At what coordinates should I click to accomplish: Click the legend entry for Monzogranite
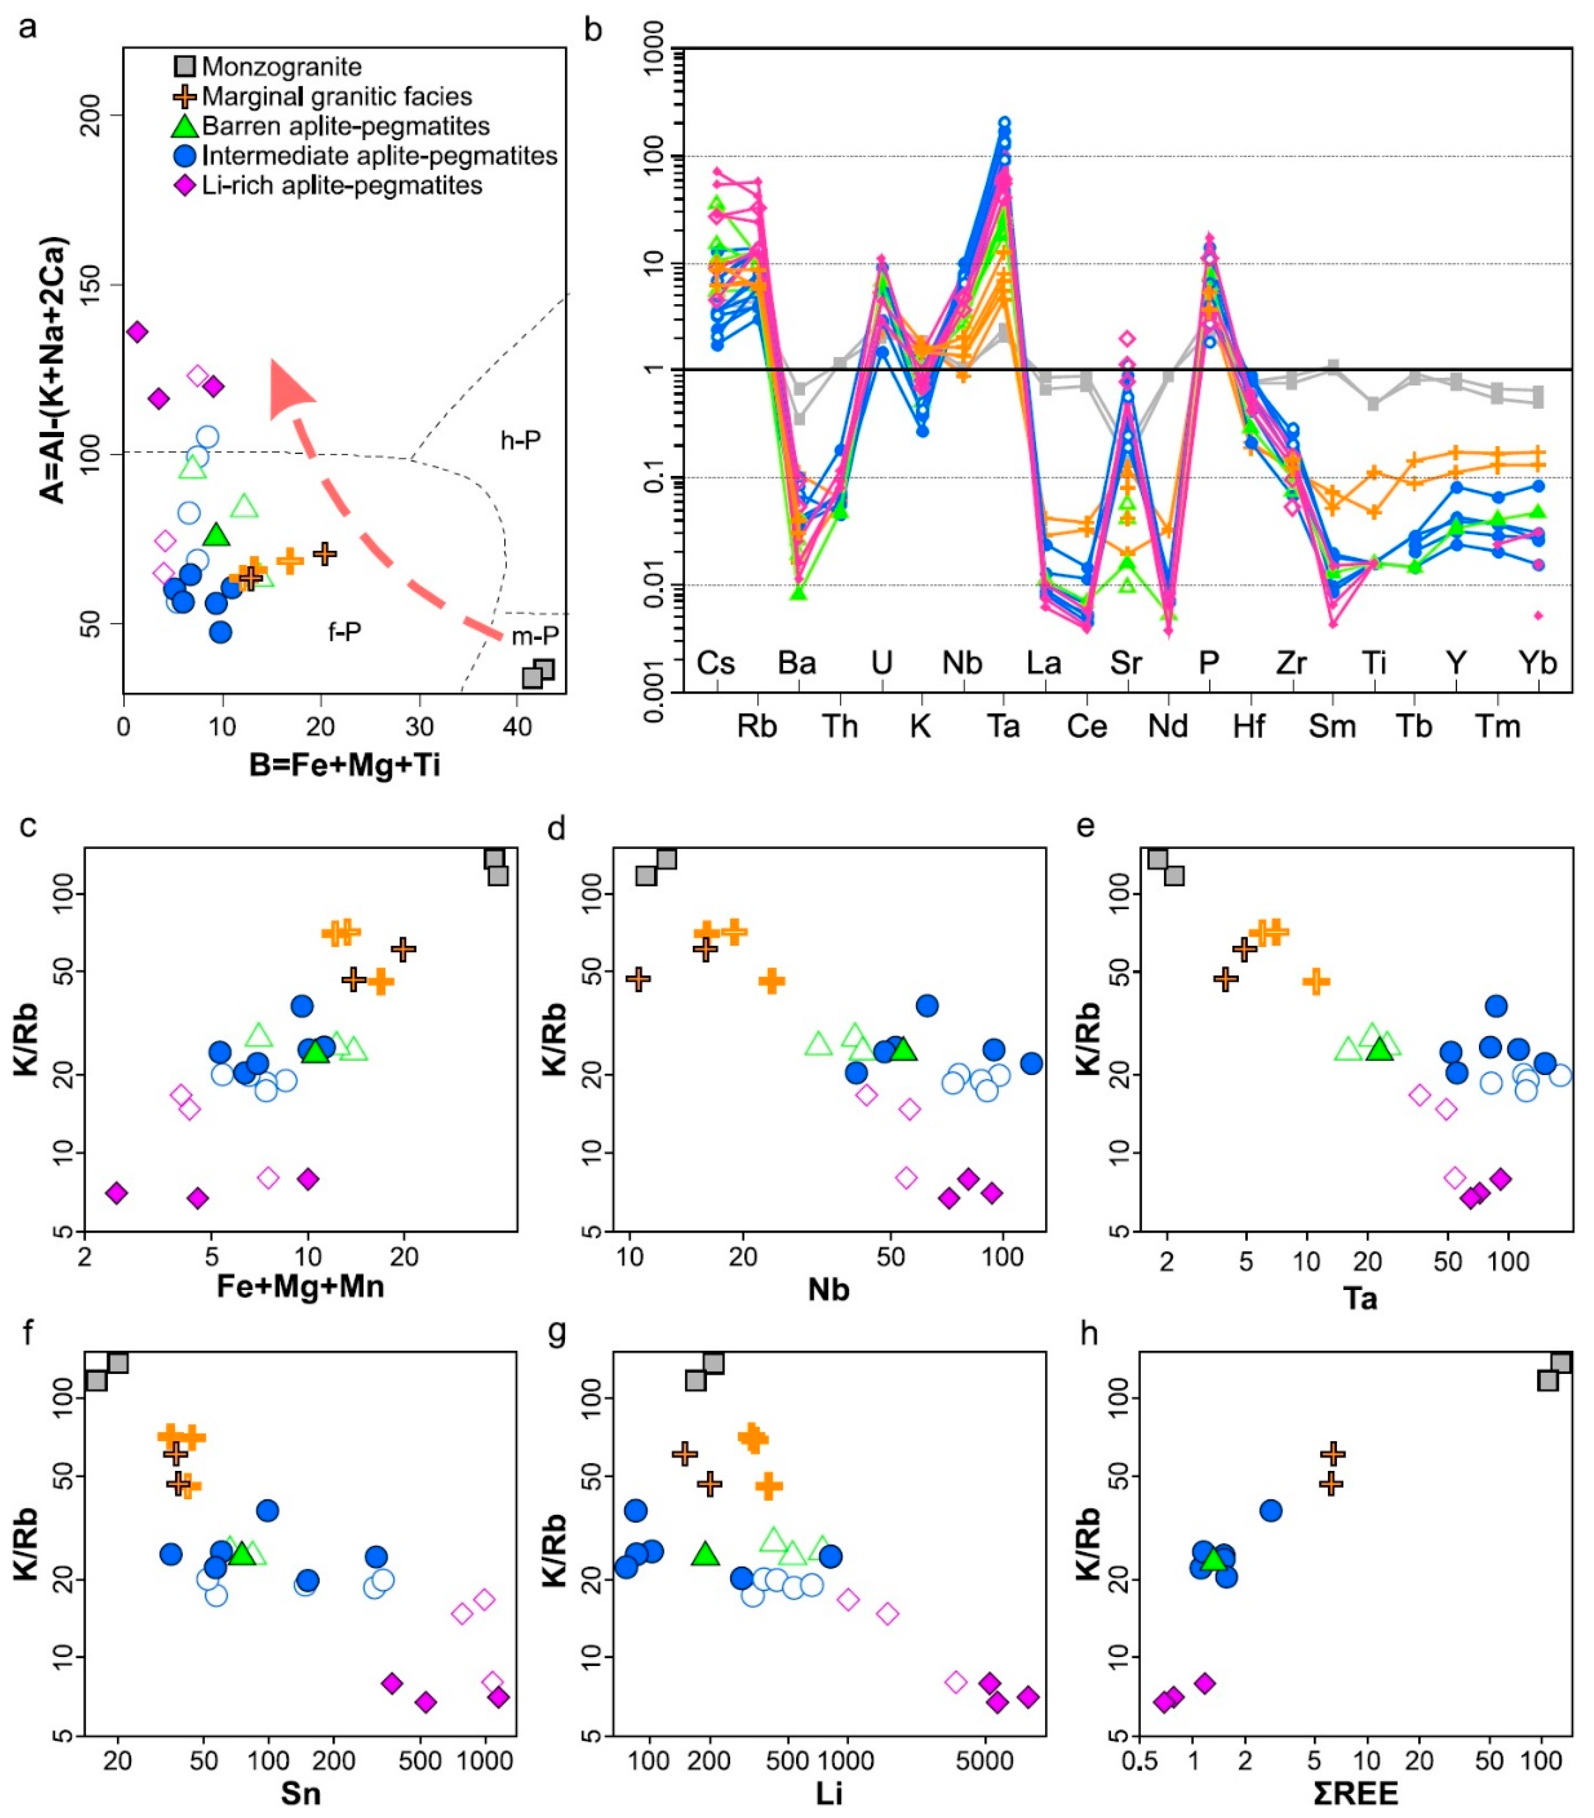tap(281, 67)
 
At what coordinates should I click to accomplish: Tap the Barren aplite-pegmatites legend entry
tap(345, 126)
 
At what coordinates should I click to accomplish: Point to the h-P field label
tap(520, 440)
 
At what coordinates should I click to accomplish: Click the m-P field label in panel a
tap(535, 636)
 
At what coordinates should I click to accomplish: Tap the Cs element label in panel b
tap(716, 663)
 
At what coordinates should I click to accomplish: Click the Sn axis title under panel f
tap(301, 1793)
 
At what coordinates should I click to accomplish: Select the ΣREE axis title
tap(1356, 1793)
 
